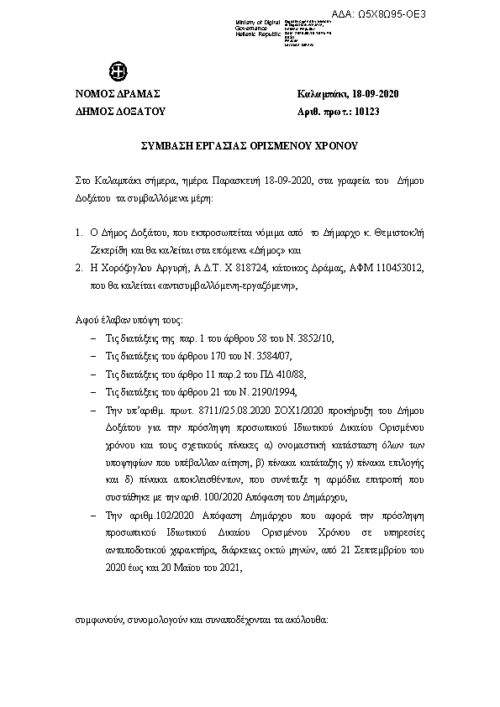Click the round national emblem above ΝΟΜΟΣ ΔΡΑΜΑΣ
[114, 71]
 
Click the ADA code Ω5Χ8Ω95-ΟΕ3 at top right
[458, 15]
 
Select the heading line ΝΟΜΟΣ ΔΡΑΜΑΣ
[118, 92]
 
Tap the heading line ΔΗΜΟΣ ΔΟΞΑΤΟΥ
[121, 110]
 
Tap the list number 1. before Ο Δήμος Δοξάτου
[77, 233]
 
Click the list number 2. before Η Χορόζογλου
[77, 268]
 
